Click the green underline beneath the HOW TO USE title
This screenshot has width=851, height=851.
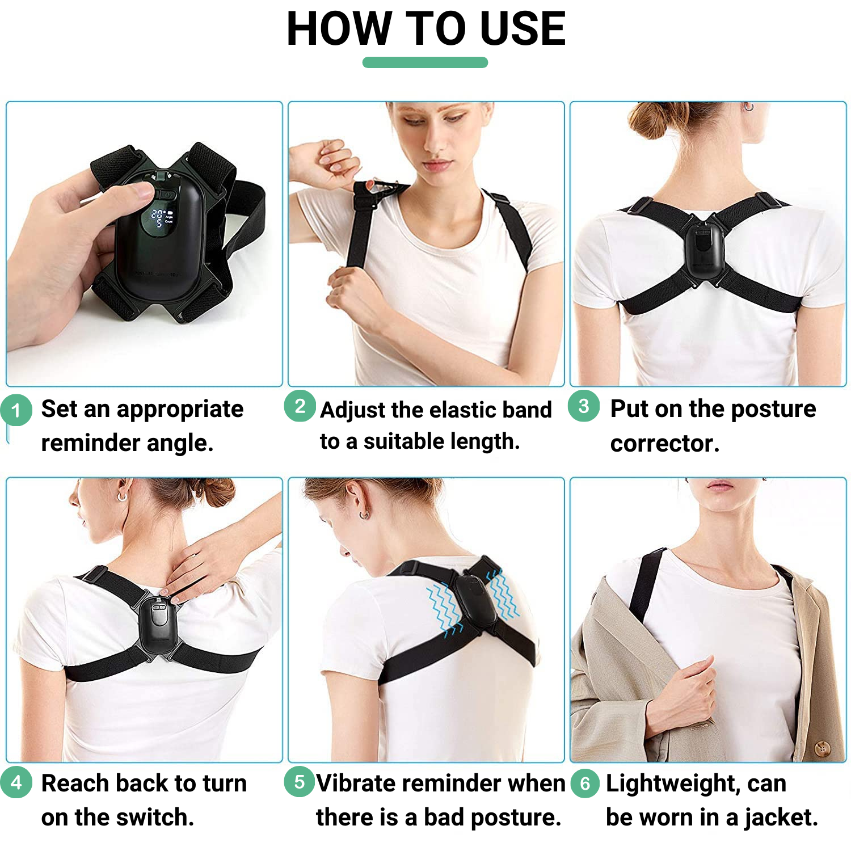click(x=425, y=62)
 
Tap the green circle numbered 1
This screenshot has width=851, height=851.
click(x=16, y=410)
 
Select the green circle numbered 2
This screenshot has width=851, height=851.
click(x=300, y=406)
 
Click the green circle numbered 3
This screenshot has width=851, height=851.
click(x=584, y=406)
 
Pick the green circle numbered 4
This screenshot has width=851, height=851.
click(x=16, y=783)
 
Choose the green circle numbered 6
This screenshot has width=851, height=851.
click(x=585, y=784)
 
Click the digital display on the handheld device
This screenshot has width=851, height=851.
click(x=161, y=218)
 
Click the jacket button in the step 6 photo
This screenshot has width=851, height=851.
click(x=821, y=747)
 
